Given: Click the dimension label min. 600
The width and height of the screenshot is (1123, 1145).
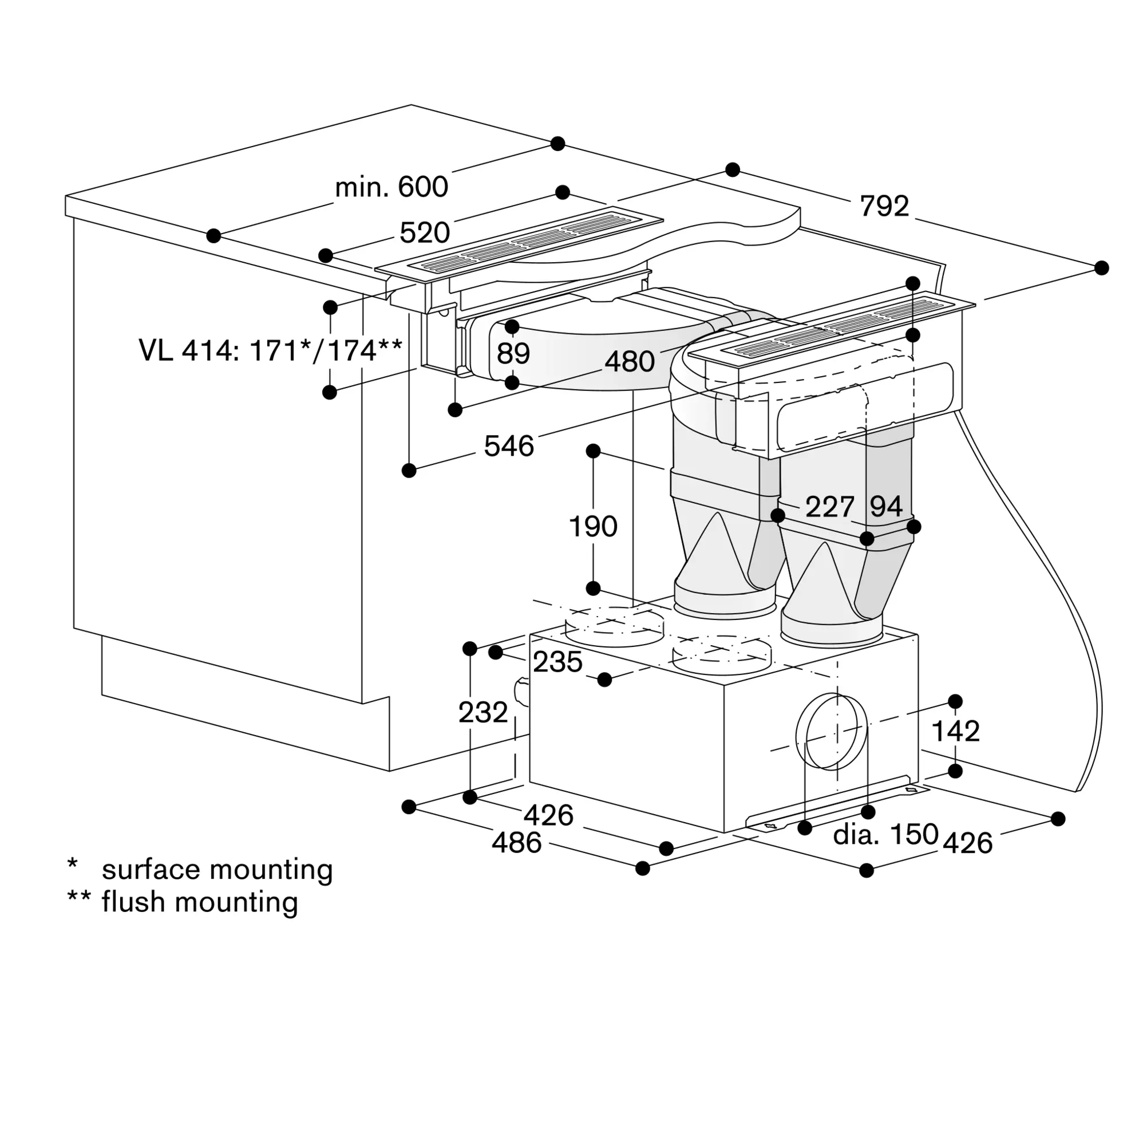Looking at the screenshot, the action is (392, 187).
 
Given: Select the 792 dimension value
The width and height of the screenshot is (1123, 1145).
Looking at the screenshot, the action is (884, 206).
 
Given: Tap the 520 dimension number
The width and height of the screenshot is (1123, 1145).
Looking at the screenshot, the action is (425, 232).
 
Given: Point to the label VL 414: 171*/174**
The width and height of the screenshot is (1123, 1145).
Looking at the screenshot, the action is (271, 350).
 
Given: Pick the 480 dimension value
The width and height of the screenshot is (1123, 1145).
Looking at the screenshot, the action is (630, 361).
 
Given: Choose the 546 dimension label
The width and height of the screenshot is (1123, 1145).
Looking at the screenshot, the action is (509, 446).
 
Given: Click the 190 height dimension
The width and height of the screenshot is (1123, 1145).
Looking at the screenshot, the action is (593, 526).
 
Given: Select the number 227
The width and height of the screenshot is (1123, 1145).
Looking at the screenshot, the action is (830, 506).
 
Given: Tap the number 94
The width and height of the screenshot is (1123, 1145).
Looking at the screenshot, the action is (886, 506).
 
